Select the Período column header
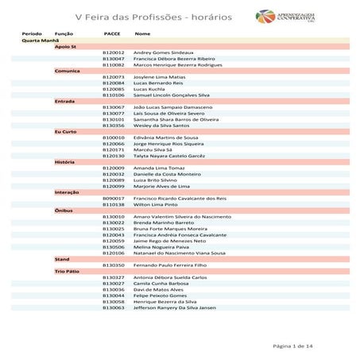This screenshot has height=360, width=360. tap(32, 34)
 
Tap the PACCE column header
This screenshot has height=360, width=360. tap(112, 34)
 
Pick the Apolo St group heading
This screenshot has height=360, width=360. tap(65, 47)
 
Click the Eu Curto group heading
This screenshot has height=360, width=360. tap(65, 131)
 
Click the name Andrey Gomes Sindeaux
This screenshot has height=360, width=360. tap(163, 52)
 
